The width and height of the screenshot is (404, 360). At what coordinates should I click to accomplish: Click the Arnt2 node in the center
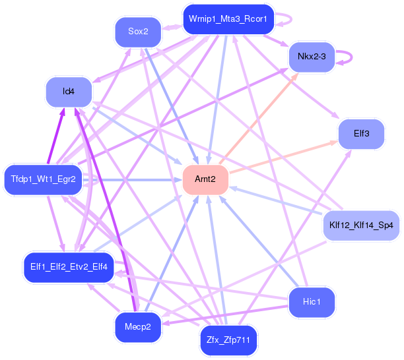tap(205, 179)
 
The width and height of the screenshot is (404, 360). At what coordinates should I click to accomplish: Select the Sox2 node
tap(137, 31)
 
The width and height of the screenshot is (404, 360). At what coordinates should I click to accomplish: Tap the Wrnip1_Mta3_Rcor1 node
tap(227, 19)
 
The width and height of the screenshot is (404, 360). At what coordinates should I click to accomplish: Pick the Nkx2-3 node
tap(312, 57)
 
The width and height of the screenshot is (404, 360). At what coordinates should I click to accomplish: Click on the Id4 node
tap(68, 92)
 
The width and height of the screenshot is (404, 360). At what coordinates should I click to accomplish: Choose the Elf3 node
tap(361, 134)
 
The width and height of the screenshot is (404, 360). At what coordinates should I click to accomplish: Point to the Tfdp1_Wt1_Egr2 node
tap(44, 179)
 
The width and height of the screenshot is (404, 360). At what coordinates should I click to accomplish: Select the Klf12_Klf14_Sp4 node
tap(360, 225)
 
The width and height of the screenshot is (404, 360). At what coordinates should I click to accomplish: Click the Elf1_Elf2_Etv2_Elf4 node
tap(69, 267)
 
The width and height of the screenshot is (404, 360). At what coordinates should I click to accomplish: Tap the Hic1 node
tap(312, 301)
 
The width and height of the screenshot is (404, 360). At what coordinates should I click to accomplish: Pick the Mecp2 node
tap(138, 326)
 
